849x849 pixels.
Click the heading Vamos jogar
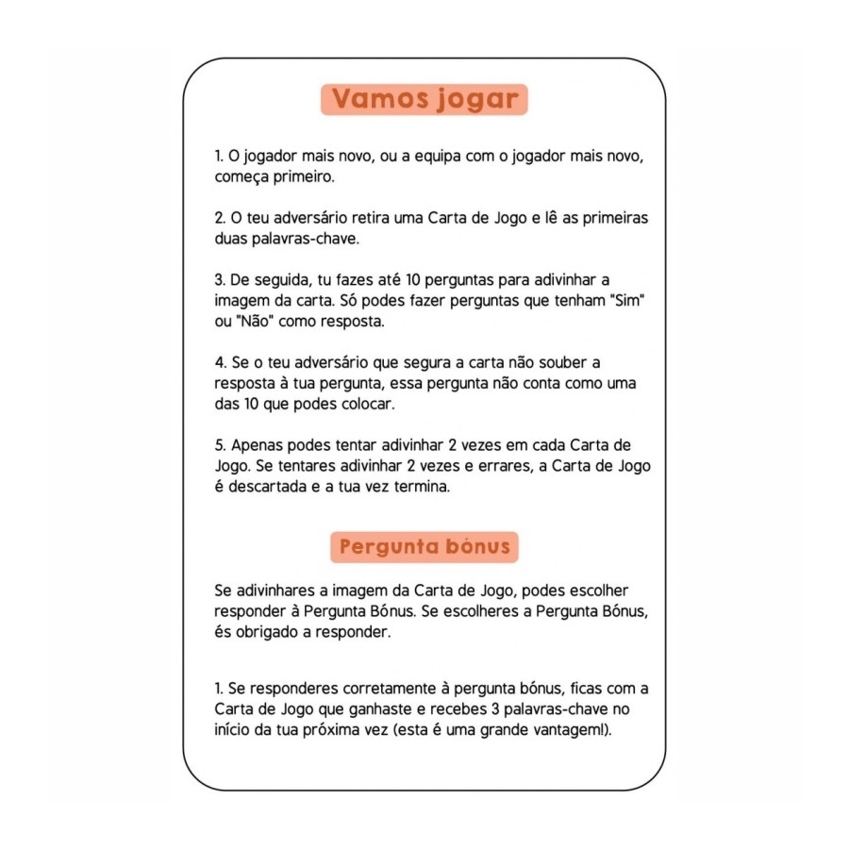[x=424, y=99]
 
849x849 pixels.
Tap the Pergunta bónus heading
[x=424, y=546]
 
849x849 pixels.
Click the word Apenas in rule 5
[x=252, y=446]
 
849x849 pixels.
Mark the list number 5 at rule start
[x=219, y=446]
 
